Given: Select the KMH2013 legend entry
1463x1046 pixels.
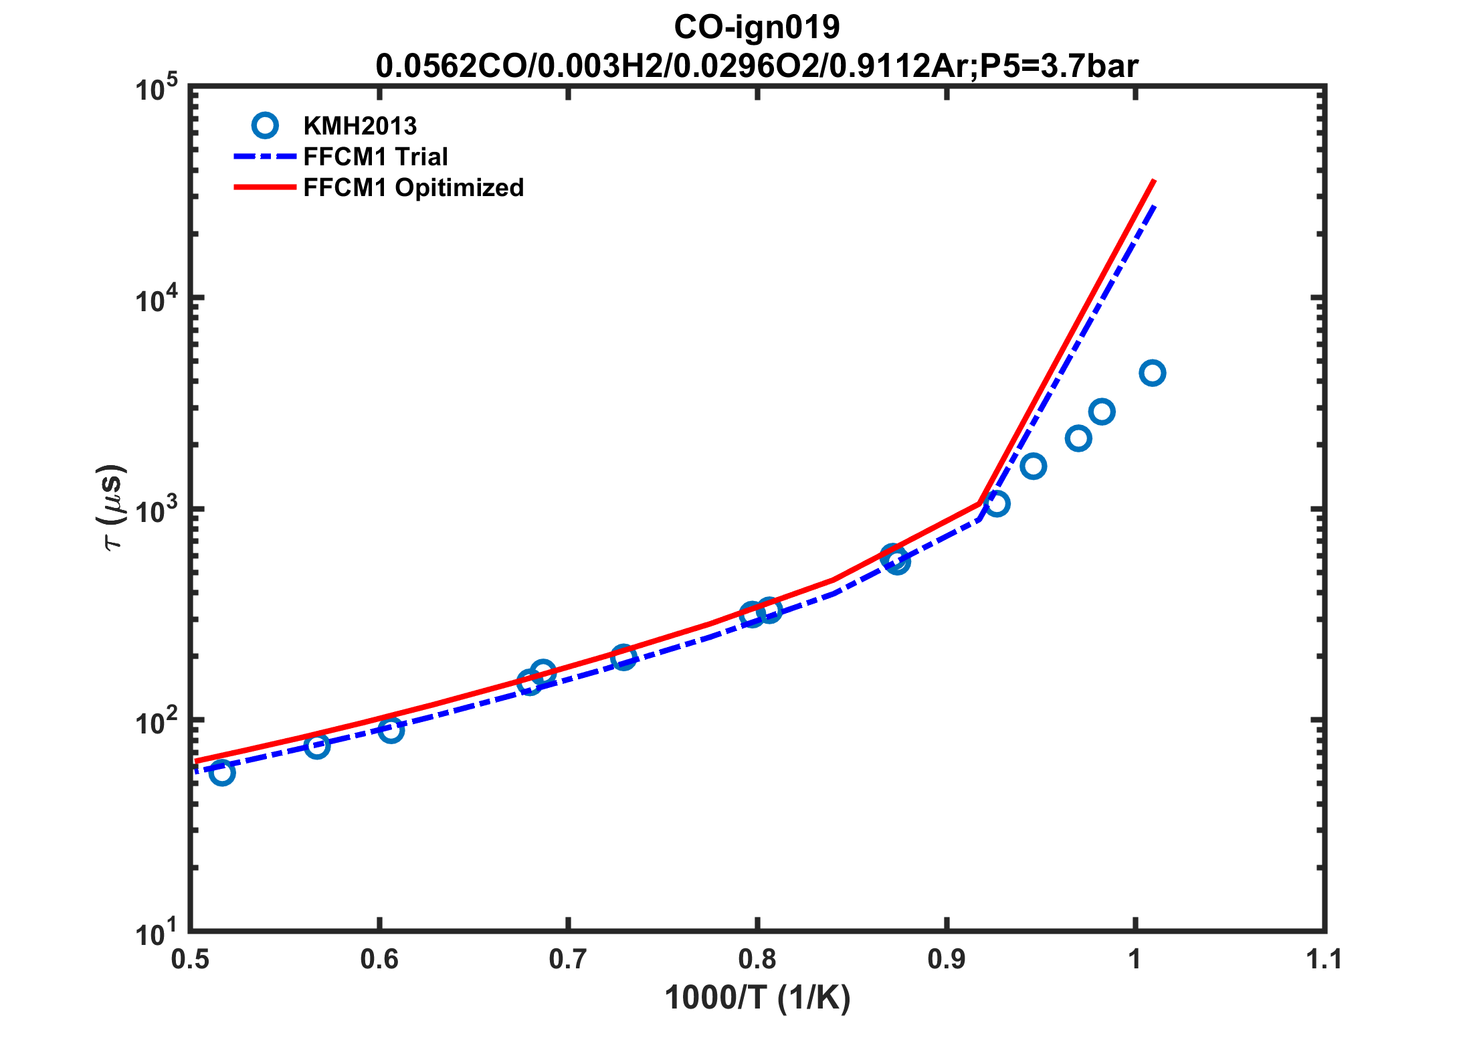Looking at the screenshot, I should (x=359, y=126).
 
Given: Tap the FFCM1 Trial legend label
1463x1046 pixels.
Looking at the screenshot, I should (x=375, y=157).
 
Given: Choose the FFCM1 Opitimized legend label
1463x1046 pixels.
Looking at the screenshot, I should (x=413, y=187).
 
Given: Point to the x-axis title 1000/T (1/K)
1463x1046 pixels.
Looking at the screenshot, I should (x=757, y=998).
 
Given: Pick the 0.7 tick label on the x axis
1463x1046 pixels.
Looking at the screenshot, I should (x=568, y=960).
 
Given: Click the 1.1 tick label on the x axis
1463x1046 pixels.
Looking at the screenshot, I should (x=1324, y=960).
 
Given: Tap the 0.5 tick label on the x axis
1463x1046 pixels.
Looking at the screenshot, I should (x=191, y=960).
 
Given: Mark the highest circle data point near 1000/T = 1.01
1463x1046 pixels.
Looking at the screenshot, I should (x=1152, y=373).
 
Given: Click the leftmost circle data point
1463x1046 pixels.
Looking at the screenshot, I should (x=221, y=773).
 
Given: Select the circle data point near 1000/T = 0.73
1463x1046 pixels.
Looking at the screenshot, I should (x=623, y=658).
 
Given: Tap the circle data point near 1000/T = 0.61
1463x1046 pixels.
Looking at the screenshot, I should (x=391, y=729).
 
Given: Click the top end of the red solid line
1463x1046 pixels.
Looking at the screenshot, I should (x=1154, y=181).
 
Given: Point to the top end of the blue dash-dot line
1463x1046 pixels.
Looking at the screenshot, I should (x=1154, y=207).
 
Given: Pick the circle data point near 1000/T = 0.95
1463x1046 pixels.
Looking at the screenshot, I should (x=1034, y=466).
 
